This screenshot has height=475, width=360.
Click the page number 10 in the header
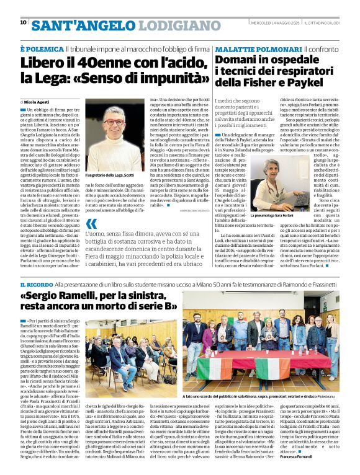[23, 22]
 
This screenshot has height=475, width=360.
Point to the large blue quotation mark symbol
[91, 224]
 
